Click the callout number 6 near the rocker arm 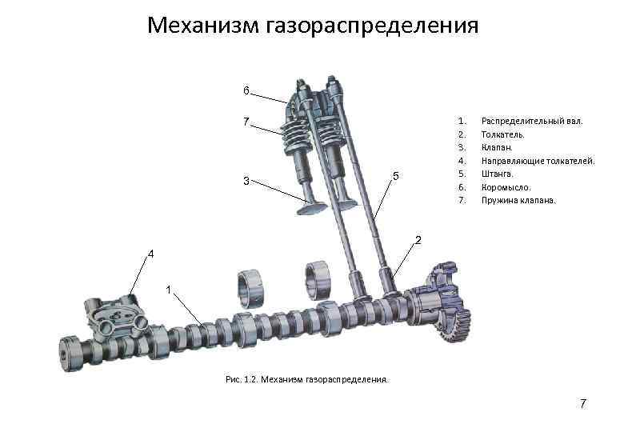pyautogui.click(x=247, y=90)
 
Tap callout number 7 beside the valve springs pyautogui.click(x=247, y=122)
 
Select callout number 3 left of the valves pyautogui.click(x=247, y=181)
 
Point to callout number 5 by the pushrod pyautogui.click(x=397, y=176)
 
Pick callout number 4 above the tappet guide pyautogui.click(x=150, y=254)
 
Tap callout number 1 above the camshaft pyautogui.click(x=169, y=288)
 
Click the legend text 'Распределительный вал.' pyautogui.click(x=532, y=121)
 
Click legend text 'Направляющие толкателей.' pyautogui.click(x=538, y=161)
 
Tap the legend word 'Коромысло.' pyautogui.click(x=506, y=186)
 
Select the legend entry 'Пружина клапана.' pyautogui.click(x=518, y=200)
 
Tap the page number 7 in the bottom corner pyautogui.click(x=583, y=404)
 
